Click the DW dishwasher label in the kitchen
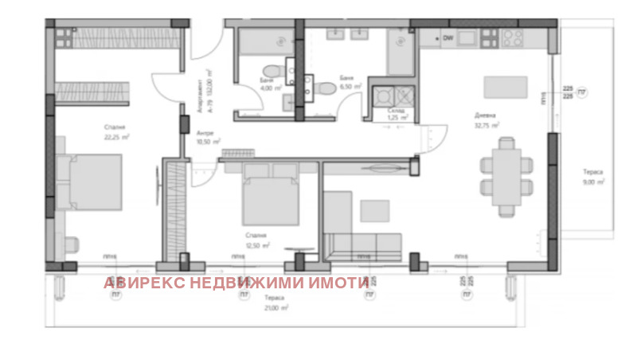click(448, 37)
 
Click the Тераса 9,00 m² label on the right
click(592, 177)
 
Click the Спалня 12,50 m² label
click(256, 241)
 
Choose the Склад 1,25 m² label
click(397, 114)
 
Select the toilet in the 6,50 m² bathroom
click(325, 87)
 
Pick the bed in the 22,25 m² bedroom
click(89, 182)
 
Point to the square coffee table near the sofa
click(375, 209)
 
